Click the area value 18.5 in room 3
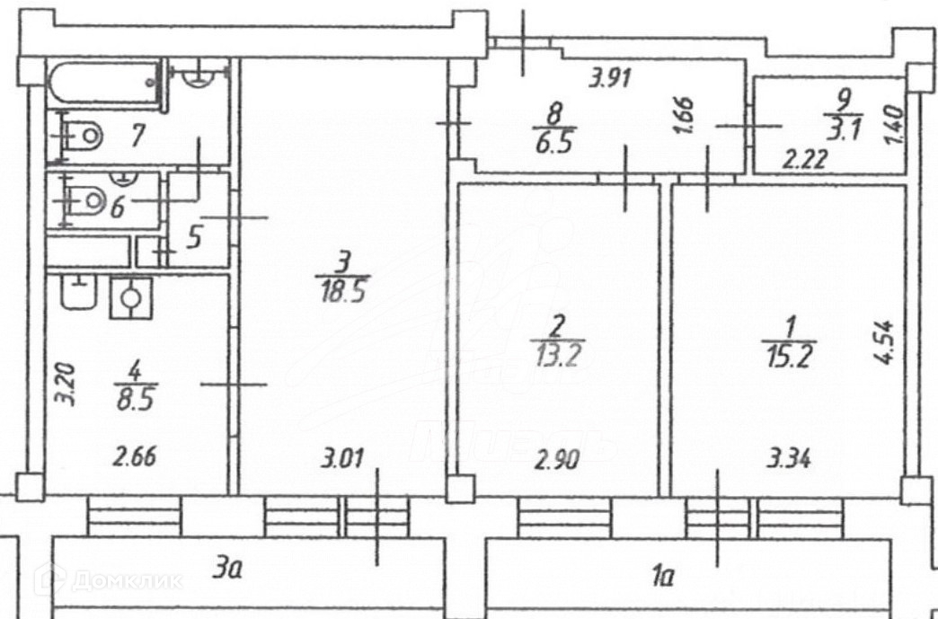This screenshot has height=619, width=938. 340,292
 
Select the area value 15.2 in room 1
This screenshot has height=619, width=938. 789,358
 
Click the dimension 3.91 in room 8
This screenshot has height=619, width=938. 611,78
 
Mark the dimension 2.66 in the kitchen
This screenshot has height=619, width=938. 132,458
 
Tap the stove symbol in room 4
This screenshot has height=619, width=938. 131,297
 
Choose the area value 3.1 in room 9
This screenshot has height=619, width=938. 836,130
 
